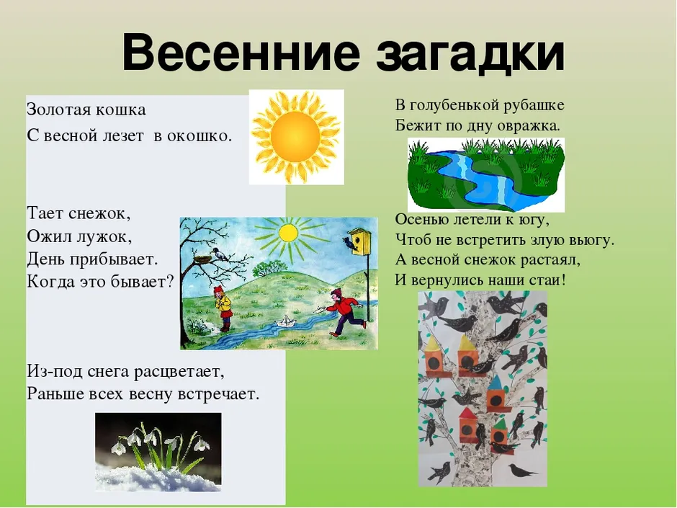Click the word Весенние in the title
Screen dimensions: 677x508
241,53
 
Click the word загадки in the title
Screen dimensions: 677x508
470,54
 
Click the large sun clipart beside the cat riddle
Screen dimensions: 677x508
296,137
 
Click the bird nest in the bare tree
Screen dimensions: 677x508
202,259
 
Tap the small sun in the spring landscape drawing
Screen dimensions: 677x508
287,233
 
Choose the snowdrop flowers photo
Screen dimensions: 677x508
158,452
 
